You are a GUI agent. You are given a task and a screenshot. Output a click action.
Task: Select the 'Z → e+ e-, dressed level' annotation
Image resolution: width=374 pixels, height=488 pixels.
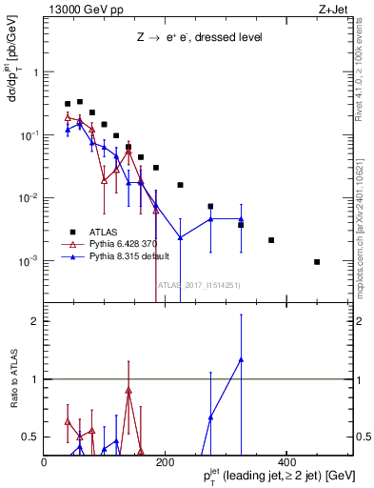198,38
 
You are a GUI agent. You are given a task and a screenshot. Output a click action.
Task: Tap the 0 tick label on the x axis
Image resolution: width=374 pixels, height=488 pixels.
45,462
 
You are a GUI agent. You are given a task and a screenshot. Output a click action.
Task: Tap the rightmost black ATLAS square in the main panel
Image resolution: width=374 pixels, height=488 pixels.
317,262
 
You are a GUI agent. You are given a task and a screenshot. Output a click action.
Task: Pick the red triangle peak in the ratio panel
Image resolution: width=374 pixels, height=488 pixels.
128,391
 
